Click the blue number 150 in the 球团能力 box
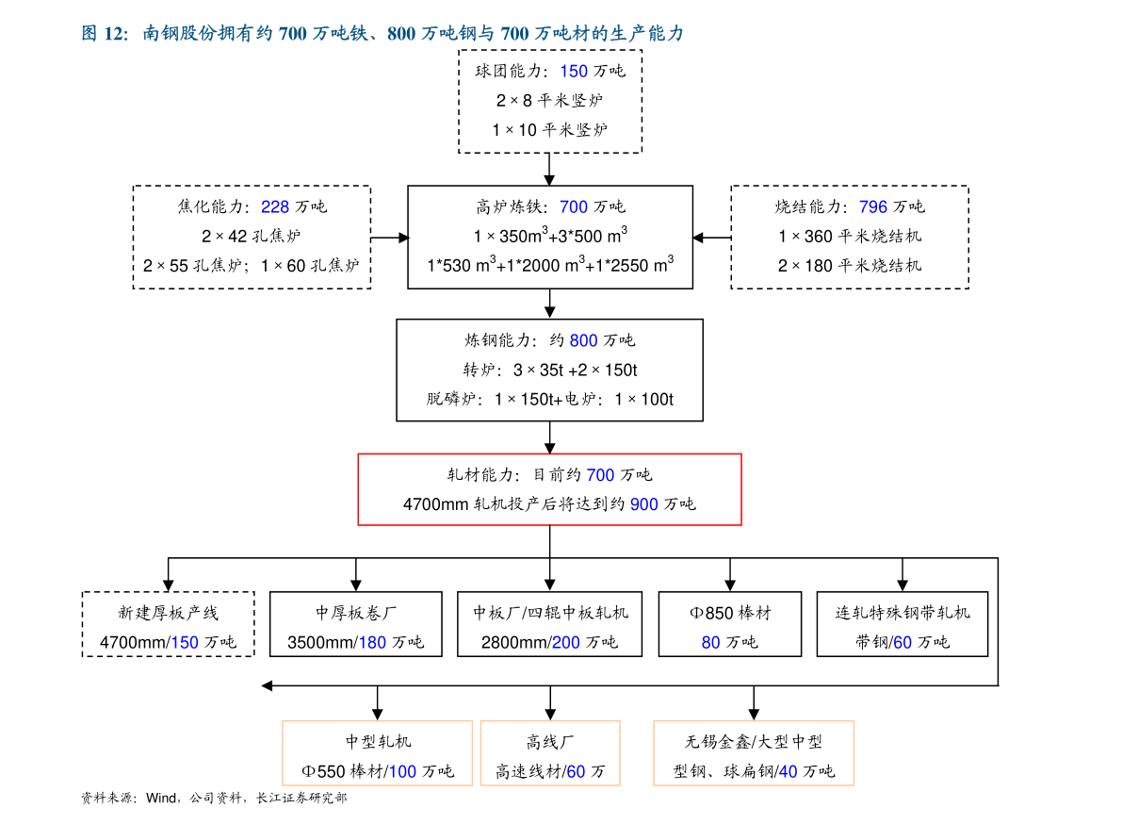[x=574, y=71]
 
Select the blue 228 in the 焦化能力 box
[x=275, y=206]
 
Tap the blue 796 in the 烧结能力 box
[x=873, y=206]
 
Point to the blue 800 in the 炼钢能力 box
[x=584, y=340]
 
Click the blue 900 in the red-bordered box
[x=644, y=504]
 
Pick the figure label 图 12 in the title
[x=104, y=34]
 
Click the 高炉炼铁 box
[x=550, y=237]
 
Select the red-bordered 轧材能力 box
[x=549, y=488]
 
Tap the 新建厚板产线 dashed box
[x=168, y=624]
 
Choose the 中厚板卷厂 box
[x=356, y=624]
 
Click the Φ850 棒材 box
[x=730, y=624]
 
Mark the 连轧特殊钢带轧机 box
[x=902, y=624]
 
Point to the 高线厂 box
[x=550, y=753]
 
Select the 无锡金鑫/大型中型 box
[x=754, y=753]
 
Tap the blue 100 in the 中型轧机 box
[x=402, y=772]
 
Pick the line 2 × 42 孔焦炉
[x=252, y=237]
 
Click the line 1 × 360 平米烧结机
[x=850, y=237]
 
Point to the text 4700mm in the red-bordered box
[x=435, y=504]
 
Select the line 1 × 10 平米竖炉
[x=550, y=130]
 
